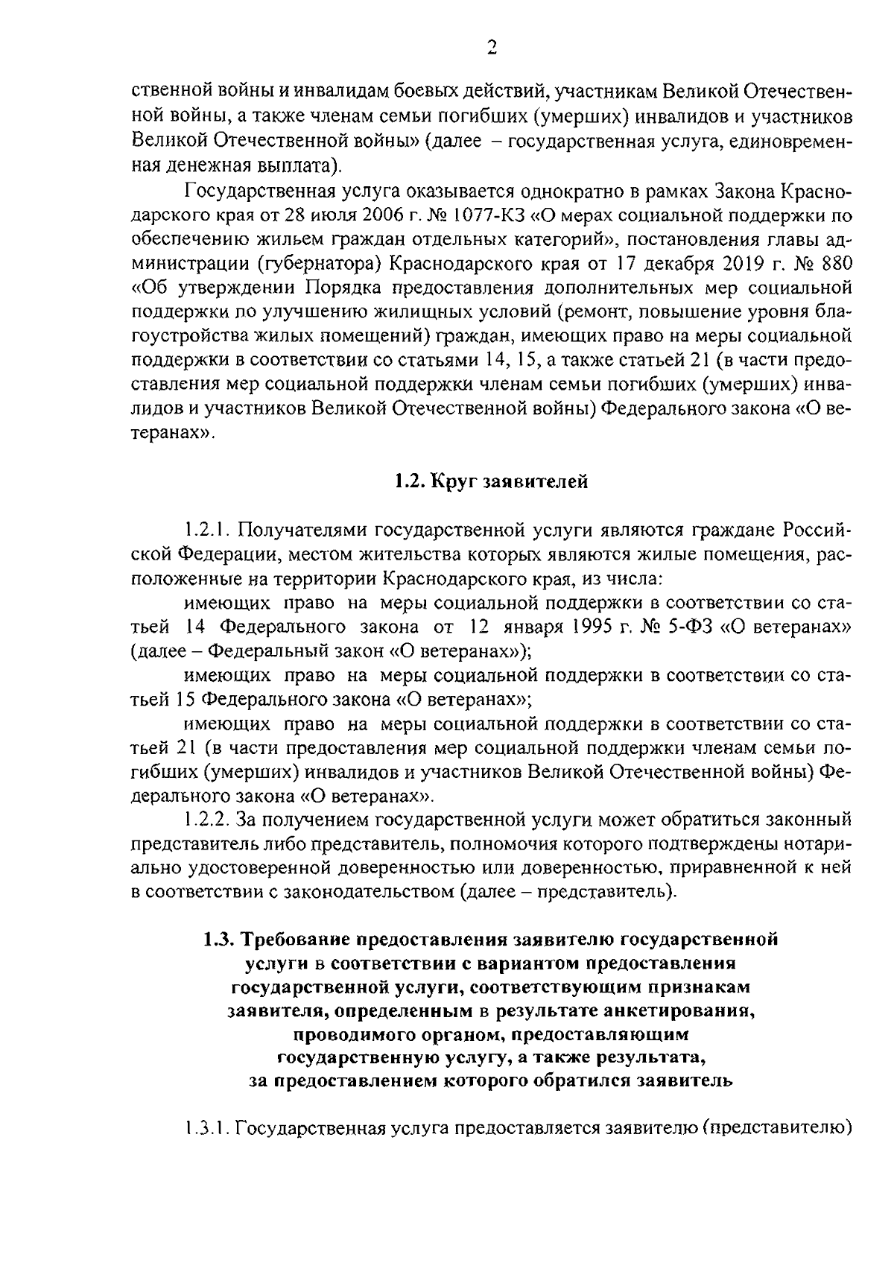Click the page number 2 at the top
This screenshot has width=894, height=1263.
coord(491,49)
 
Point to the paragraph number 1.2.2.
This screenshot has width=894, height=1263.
coord(206,820)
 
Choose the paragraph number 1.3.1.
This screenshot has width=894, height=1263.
coord(206,1128)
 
